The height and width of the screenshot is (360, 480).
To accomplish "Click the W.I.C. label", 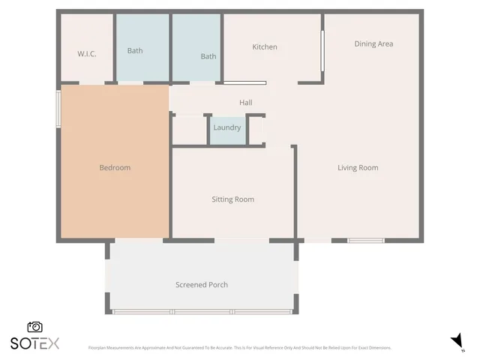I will click(x=87, y=53).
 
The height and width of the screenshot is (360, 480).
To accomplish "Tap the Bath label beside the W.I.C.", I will click(x=135, y=51).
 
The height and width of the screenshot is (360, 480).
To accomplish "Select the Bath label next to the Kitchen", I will click(x=208, y=56).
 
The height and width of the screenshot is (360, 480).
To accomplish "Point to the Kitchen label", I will click(x=265, y=47).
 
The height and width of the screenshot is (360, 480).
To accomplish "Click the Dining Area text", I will click(x=373, y=43).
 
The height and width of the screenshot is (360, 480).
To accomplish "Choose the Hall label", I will click(x=246, y=103).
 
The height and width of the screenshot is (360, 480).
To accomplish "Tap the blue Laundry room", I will click(x=227, y=128).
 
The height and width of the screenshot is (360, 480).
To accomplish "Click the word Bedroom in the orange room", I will click(x=115, y=167).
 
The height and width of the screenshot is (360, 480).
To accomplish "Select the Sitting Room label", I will click(x=232, y=199).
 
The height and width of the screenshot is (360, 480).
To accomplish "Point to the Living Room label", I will click(x=358, y=167).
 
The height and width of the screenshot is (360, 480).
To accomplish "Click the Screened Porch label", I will click(x=202, y=285).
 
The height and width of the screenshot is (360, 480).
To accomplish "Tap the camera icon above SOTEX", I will click(x=34, y=327).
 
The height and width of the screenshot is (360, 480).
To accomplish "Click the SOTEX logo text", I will click(x=34, y=343).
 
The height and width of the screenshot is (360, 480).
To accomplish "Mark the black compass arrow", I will click(x=457, y=342).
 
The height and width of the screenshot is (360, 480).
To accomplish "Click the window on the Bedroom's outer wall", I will click(x=58, y=109).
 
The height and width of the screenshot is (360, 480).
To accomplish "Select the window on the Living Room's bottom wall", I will click(x=366, y=240).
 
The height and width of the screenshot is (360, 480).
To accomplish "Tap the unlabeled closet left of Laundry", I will click(x=189, y=129).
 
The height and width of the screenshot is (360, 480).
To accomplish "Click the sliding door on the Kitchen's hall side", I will click(x=244, y=82).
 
